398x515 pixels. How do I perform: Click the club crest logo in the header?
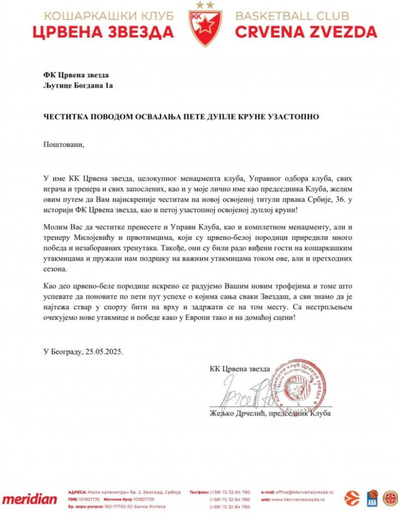pos(198,24)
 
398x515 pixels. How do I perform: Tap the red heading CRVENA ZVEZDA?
pos(306,32)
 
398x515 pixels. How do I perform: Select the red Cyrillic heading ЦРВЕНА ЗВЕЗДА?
pos(103,32)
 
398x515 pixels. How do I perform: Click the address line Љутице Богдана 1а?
pos(78,85)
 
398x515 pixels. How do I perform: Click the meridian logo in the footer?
pos(29,499)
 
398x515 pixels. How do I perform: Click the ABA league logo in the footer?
pos(372,497)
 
